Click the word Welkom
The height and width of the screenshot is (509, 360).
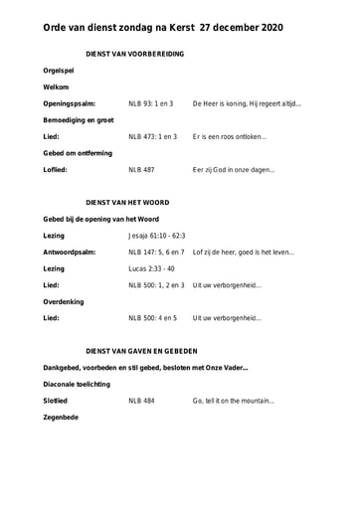coord(56,87)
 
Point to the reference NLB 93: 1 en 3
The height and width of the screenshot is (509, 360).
coord(151,103)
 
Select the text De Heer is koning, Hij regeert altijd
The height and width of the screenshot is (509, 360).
coord(247,103)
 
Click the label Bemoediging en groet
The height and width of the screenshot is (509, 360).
coord(78,119)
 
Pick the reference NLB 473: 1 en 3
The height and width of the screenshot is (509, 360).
coord(153,136)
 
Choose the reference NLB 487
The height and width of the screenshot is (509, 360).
coord(141,169)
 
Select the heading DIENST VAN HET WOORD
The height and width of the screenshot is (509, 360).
coord(128,202)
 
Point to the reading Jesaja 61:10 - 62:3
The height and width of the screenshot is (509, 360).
coord(157,236)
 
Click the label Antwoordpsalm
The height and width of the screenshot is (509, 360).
coord(70,252)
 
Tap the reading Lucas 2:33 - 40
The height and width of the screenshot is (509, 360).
coord(151,268)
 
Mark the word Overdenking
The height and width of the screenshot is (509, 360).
coord(63,301)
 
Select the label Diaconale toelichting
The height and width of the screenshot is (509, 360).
coord(77,384)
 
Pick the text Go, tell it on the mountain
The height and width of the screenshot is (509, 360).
coord(233,401)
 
